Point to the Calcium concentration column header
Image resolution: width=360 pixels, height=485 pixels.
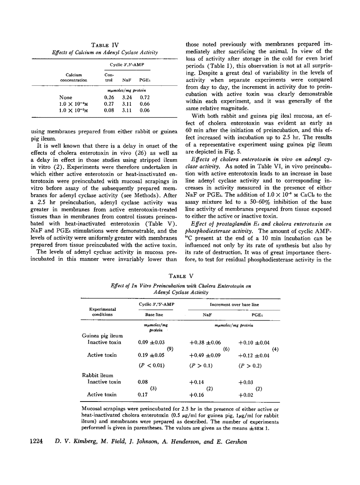73,78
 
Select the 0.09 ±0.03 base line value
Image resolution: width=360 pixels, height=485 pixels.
151,342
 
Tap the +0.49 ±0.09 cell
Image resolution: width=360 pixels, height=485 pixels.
205,355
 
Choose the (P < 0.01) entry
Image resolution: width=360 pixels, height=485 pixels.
152,366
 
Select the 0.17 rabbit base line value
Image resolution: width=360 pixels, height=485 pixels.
143,395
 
